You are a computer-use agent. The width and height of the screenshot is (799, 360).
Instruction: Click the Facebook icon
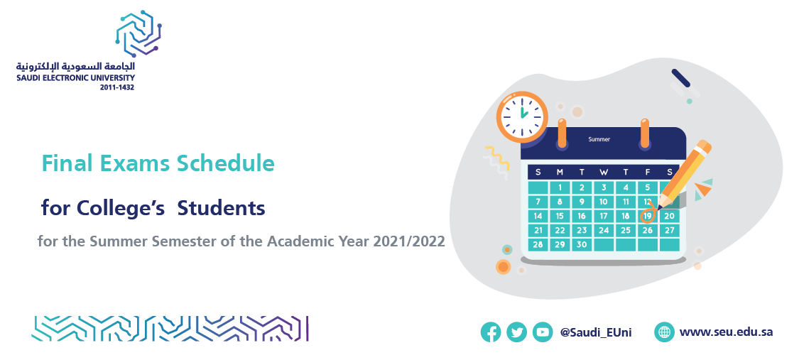(x=491, y=332)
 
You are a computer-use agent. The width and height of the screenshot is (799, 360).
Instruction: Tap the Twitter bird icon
(x=517, y=332)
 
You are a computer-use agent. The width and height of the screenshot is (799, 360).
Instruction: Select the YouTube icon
(x=543, y=332)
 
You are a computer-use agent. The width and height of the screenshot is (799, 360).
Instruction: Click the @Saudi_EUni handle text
(x=596, y=332)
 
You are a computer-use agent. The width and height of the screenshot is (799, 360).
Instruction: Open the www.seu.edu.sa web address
(x=726, y=332)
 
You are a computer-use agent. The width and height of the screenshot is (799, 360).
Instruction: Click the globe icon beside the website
(x=665, y=332)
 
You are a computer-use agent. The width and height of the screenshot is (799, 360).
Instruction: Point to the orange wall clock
(x=522, y=116)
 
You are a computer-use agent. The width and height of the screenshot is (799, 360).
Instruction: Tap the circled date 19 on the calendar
(x=647, y=216)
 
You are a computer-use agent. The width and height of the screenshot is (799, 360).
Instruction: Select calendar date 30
(x=582, y=244)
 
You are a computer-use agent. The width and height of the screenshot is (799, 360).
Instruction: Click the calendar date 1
(x=560, y=187)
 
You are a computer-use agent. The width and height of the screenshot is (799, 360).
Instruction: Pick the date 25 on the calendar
(x=626, y=230)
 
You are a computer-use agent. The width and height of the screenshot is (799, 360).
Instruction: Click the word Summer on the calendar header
(x=599, y=139)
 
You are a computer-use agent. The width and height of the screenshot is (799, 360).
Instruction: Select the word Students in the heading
(x=221, y=208)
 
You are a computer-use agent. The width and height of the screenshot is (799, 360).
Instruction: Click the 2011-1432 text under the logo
(x=117, y=87)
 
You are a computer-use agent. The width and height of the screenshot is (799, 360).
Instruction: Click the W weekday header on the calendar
(x=604, y=172)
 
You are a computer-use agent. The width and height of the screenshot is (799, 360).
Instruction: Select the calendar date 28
(x=538, y=244)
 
